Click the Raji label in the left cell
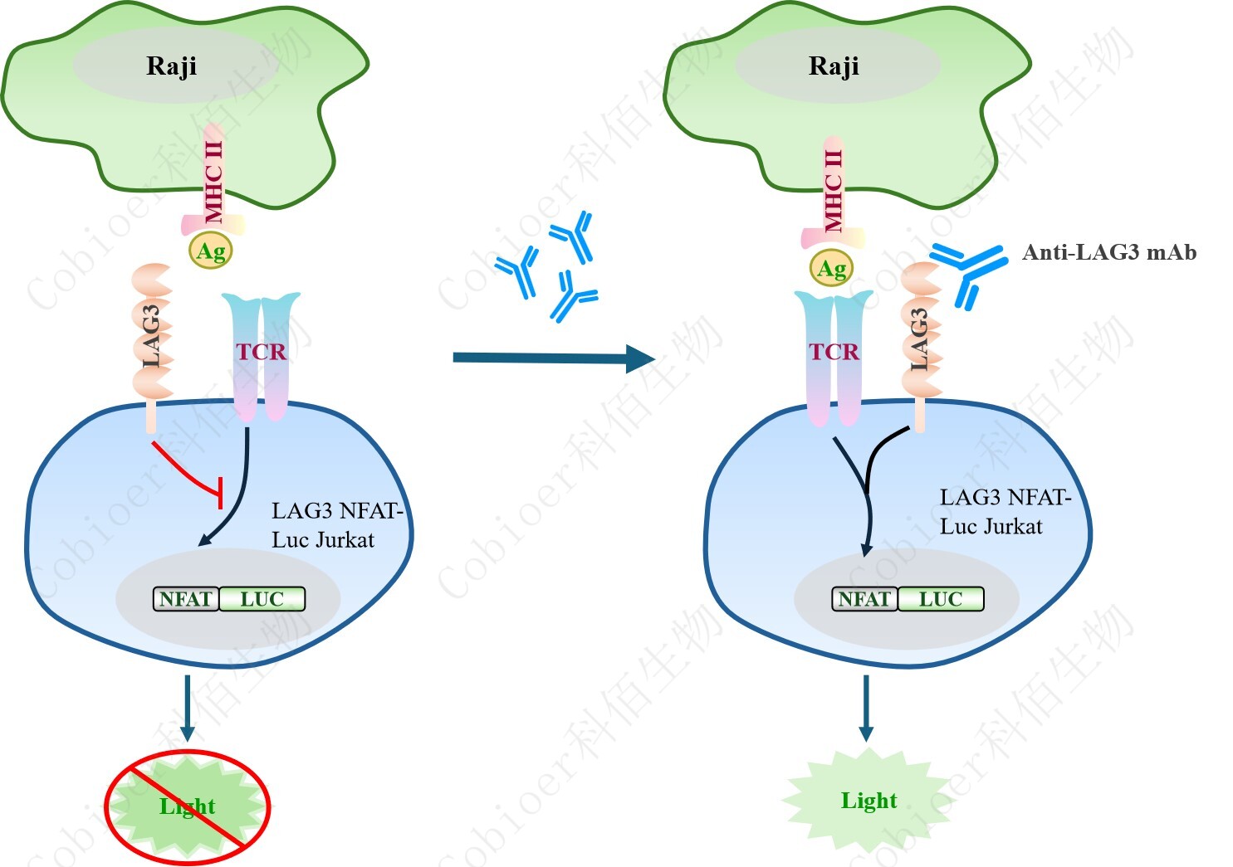pos(171,66)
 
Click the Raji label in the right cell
pos(834,66)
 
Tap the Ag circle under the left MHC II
pos(210,251)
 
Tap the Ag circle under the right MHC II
pos(832,269)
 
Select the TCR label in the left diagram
pos(261,352)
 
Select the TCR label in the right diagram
pos(834,352)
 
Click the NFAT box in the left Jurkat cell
pos(186,599)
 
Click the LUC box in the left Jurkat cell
pos(262,599)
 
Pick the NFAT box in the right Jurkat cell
pos(864,599)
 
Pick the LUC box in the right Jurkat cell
pos(940,599)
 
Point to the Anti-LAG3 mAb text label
pos(1109,252)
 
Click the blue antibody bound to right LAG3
pos(968,270)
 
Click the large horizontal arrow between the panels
pos(552,358)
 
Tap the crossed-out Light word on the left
pos(188,806)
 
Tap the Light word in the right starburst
pos(868,801)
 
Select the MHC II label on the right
pos(833,189)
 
